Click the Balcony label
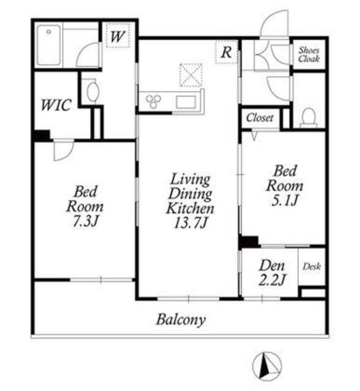click(x=181, y=320)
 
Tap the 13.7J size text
click(x=190, y=222)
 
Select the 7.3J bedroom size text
click(x=85, y=221)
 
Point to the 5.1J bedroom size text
click(x=284, y=200)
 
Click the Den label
click(x=272, y=266)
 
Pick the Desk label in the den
click(x=312, y=266)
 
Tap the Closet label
click(x=260, y=118)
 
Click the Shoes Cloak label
click(x=309, y=54)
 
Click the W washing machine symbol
click(x=118, y=35)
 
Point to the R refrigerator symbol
click(x=226, y=52)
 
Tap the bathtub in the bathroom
click(x=49, y=45)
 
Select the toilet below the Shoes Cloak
click(x=309, y=117)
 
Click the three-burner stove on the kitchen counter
click(x=153, y=101)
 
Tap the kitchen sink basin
click(x=185, y=102)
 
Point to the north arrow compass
click(x=267, y=365)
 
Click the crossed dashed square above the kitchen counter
click(x=191, y=75)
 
